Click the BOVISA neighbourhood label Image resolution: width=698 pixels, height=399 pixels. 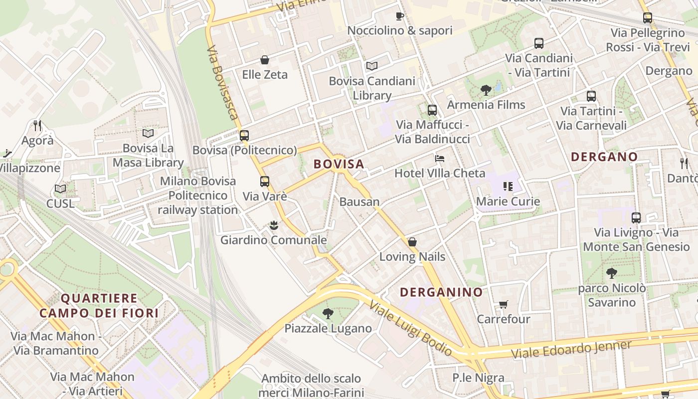pyautogui.click(x=339, y=164)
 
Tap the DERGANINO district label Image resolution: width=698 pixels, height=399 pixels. pyautogui.click(x=441, y=292)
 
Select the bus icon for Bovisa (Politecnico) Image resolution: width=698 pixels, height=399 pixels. pyautogui.click(x=244, y=136)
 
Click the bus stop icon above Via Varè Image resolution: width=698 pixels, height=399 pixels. pyautogui.click(x=264, y=182)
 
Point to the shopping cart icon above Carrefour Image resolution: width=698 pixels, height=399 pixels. pyautogui.click(x=503, y=304)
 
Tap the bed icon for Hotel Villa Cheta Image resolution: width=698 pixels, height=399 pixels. pyautogui.click(x=439, y=159)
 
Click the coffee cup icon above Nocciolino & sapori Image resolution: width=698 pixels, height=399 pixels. pyautogui.click(x=399, y=16)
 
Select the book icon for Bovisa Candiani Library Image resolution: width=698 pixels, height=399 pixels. pyautogui.click(x=371, y=66)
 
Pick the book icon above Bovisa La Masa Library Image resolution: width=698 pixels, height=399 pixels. pyautogui.click(x=148, y=133)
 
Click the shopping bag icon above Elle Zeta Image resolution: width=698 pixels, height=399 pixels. pyautogui.click(x=265, y=60)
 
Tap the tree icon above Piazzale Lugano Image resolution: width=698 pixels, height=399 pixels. pyautogui.click(x=328, y=313)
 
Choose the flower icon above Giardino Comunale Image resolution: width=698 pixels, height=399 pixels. pyautogui.click(x=273, y=225)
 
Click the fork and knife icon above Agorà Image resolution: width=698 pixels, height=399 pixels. pyautogui.click(x=37, y=125)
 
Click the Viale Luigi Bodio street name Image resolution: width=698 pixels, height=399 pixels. pyautogui.click(x=411, y=329)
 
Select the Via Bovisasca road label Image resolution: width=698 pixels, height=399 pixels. pyautogui.click(x=222, y=83)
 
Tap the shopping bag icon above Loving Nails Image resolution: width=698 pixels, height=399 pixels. pyautogui.click(x=412, y=242)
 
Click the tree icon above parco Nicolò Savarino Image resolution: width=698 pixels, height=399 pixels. pyautogui.click(x=611, y=273)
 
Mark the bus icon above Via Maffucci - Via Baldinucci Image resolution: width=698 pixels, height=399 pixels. pyautogui.click(x=432, y=110)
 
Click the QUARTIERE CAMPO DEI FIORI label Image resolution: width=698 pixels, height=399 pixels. pyautogui.click(x=99, y=306)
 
